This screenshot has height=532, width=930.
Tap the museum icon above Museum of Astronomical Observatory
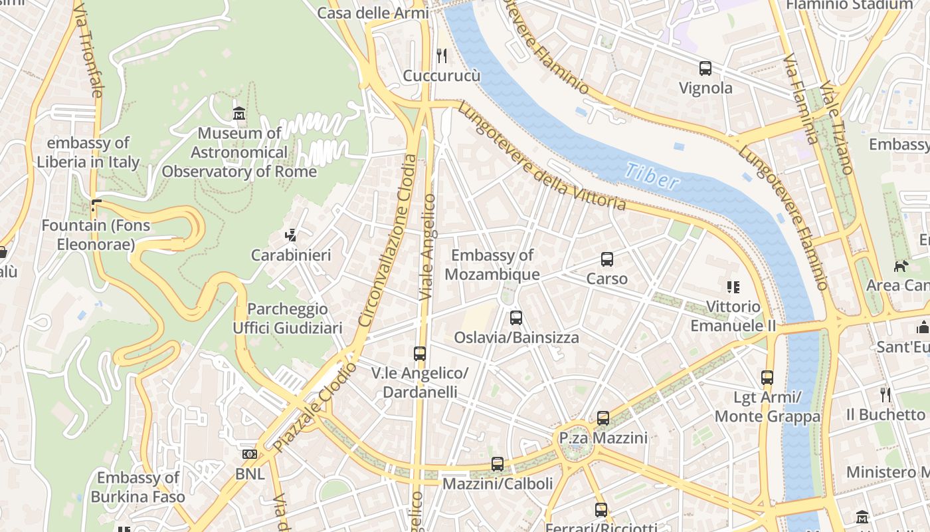coord(239,114)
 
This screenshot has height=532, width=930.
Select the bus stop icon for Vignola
coord(705,68)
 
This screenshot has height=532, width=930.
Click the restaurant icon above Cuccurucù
coord(442,56)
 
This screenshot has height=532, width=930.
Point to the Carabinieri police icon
coord(290,235)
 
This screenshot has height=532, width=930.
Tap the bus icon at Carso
coord(606,259)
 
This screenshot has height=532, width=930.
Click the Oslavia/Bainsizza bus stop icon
coord(516,318)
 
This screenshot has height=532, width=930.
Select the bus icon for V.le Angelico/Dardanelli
coord(419,354)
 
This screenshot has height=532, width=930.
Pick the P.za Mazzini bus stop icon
coord(603,418)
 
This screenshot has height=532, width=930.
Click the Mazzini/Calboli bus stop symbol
coord(498,464)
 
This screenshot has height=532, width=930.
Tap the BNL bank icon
coord(250,454)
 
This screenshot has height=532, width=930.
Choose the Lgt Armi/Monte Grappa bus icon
coord(767,378)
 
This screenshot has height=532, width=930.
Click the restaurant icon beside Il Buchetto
coord(885,395)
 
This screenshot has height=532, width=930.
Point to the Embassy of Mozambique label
coord(492,265)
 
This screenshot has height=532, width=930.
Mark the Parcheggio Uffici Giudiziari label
coord(288,319)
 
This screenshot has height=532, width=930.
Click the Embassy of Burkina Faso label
coord(138,487)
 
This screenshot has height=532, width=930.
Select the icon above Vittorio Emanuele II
coord(733,287)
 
